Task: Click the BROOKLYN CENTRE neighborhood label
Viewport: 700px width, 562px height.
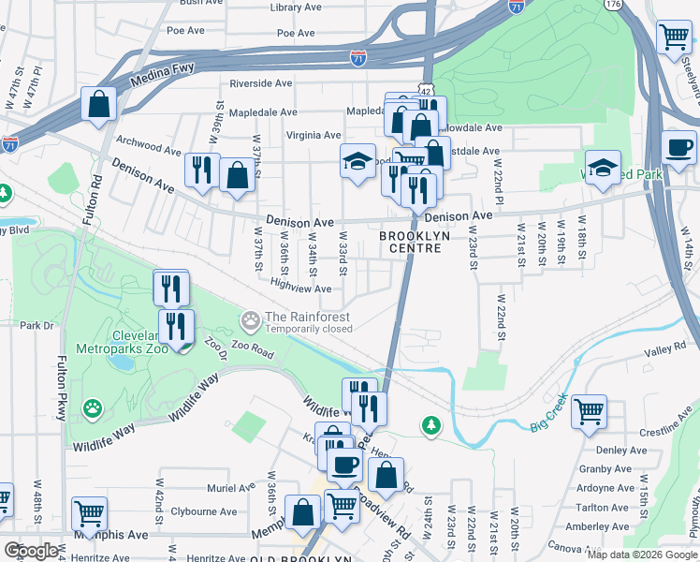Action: pos(415,242)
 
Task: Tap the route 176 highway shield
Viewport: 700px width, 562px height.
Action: pos(613,5)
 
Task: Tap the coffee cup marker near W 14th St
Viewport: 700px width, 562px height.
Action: pos(678,147)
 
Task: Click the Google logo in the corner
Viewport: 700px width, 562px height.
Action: pos(31,551)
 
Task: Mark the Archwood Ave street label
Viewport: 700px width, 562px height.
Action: pos(147,149)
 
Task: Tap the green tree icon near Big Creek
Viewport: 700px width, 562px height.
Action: pos(430,426)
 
